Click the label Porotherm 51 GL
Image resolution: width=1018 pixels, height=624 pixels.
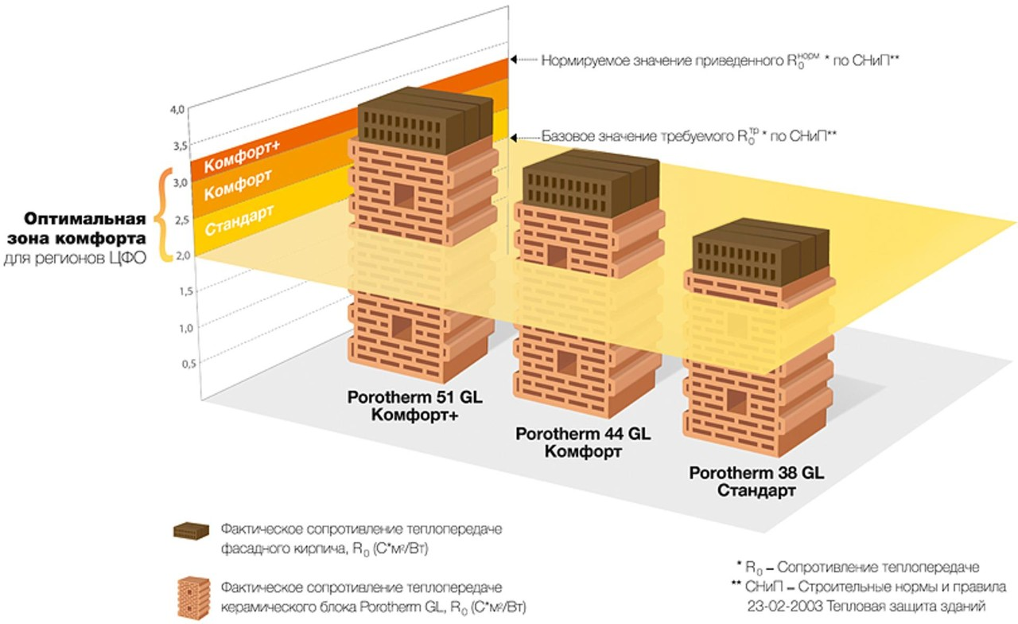coord(402,397)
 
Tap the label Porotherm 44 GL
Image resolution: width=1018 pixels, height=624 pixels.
coord(583,435)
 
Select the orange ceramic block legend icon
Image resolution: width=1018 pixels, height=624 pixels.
coord(192,596)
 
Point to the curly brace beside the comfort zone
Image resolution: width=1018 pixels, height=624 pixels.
coord(164,215)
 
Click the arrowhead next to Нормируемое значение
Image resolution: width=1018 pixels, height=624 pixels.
coord(515,59)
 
